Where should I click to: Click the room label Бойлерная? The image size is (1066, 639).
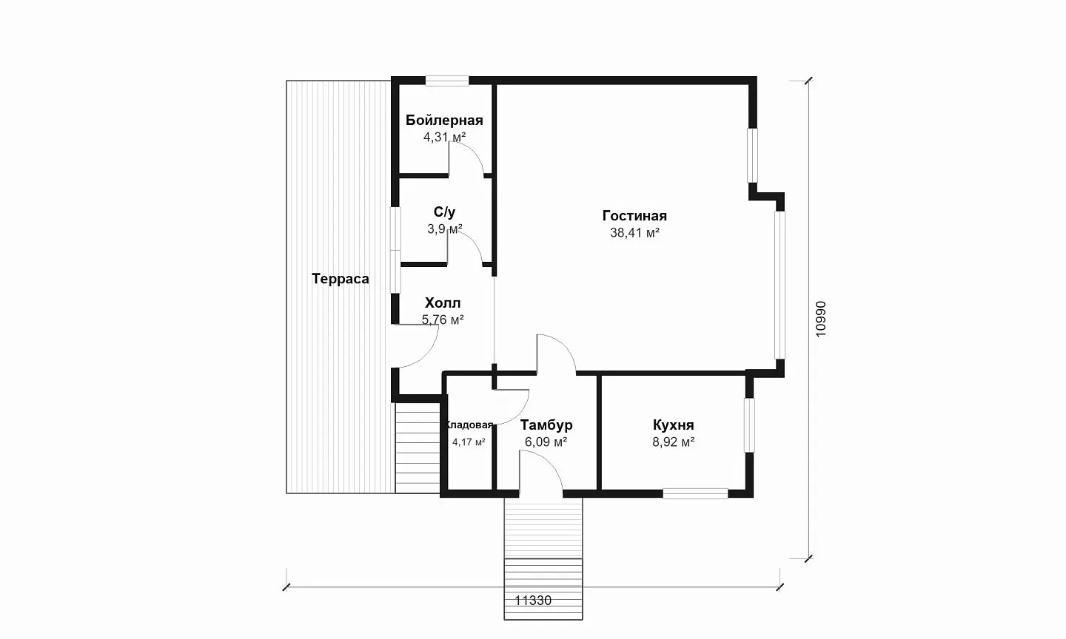[x=444, y=121]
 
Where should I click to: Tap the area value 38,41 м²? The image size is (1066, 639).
[x=634, y=233]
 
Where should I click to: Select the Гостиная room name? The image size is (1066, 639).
[x=634, y=216]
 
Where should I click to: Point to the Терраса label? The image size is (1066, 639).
[x=341, y=279]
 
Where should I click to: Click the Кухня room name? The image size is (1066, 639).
[x=674, y=425]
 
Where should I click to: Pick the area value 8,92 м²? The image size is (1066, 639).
[x=674, y=442]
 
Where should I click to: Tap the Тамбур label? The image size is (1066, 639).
[x=546, y=425]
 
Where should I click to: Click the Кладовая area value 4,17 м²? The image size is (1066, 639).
[x=469, y=442]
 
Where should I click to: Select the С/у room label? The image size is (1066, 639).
[x=444, y=212]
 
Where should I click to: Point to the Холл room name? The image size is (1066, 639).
[x=443, y=303]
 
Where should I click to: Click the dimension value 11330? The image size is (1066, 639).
[x=533, y=601]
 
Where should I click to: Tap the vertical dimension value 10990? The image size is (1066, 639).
[x=821, y=319]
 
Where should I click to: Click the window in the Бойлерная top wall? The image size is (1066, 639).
[x=447, y=81]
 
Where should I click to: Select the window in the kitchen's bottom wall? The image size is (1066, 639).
[x=695, y=493]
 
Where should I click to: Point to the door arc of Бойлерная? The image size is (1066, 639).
[x=473, y=150]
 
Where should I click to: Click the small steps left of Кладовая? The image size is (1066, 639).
[x=418, y=448]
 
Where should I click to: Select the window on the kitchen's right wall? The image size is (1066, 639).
[x=749, y=425]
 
